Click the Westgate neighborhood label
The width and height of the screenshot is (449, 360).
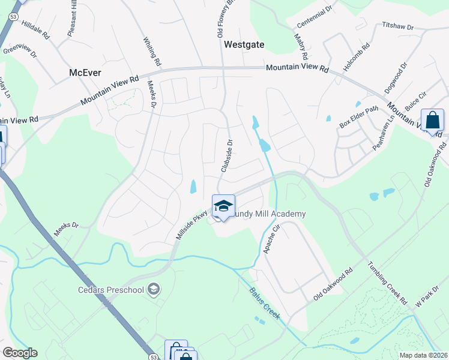point(244,44)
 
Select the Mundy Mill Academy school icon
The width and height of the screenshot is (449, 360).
point(223,206)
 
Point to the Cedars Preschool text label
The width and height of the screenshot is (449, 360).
point(111,290)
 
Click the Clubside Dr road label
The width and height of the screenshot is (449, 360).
point(227,156)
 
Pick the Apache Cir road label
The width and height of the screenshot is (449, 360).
point(271,239)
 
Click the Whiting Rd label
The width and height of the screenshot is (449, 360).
point(152,52)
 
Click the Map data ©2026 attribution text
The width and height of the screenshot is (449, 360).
point(424,355)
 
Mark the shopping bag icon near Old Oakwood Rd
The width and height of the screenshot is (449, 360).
point(432,121)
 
